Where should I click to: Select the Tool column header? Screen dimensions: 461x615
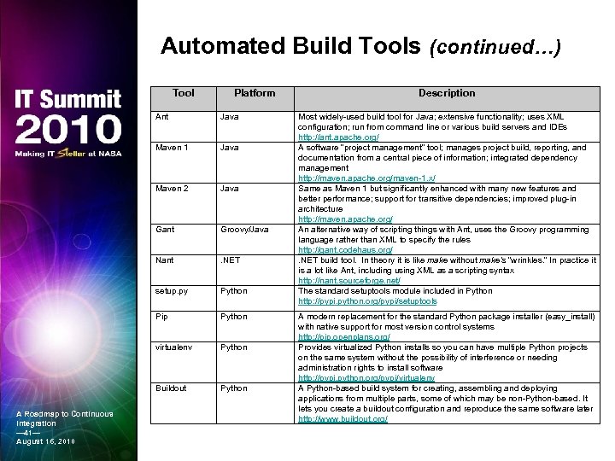(183, 93)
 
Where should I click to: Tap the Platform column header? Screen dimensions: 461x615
(255, 93)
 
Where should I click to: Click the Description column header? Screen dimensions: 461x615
(447, 93)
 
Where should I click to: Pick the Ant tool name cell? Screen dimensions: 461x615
(161, 116)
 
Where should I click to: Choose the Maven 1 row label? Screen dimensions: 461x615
(171, 147)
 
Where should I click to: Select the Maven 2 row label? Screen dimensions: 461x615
(171, 188)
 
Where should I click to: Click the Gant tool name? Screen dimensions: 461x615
(165, 229)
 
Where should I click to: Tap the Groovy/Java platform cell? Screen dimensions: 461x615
(244, 229)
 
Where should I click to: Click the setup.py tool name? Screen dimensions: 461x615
(171, 291)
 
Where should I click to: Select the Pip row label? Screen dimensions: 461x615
(161, 317)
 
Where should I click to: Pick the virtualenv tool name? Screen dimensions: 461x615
(173, 347)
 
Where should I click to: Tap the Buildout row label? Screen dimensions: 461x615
(173, 388)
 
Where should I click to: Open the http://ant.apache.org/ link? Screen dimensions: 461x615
(338, 137)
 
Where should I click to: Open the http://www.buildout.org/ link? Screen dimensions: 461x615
(343, 419)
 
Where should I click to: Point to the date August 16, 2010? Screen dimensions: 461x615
(45, 441)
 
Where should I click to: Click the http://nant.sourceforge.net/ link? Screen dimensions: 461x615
(349, 281)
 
